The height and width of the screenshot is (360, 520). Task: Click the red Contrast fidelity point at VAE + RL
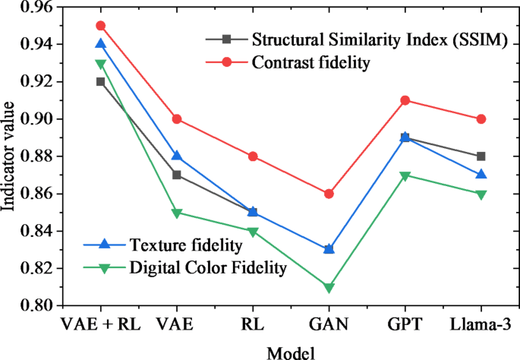[x=100, y=26]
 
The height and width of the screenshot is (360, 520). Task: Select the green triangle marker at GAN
[x=329, y=288]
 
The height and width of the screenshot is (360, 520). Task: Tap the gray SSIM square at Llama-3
[x=481, y=156]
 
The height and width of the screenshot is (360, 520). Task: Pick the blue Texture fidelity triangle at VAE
[x=176, y=156]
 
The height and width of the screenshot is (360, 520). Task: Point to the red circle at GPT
[x=405, y=100]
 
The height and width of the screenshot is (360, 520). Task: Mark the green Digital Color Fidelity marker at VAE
[x=176, y=213]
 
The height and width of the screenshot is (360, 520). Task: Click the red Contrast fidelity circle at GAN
[x=329, y=194]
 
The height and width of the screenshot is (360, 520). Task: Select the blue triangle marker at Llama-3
[x=481, y=174]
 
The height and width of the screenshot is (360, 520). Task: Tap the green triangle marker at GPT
[x=405, y=176]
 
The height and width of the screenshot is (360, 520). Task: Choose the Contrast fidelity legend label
[x=310, y=63]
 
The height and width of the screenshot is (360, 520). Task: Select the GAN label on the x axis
[x=329, y=325]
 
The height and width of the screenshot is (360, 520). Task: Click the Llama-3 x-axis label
[x=481, y=325]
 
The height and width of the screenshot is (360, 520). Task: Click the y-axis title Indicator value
[x=9, y=156]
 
